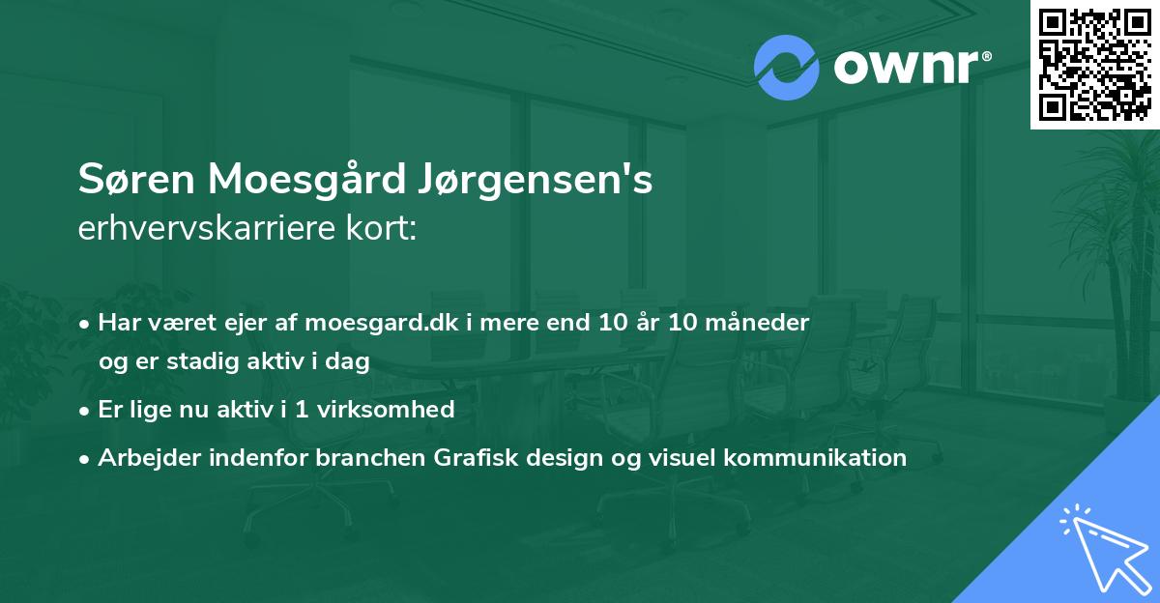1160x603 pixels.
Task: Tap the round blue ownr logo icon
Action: [786, 68]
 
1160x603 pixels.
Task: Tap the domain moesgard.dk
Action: [387, 322]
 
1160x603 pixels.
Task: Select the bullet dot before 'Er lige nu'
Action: [86, 410]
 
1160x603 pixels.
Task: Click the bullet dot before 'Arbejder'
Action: [86, 458]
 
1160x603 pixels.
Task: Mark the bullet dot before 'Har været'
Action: [86, 323]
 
